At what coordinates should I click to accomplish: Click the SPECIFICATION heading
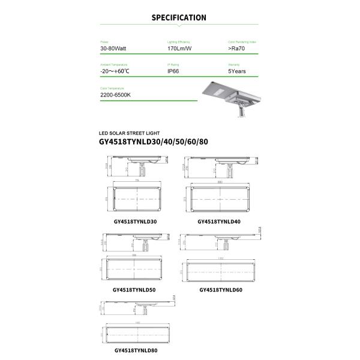click(x=179, y=18)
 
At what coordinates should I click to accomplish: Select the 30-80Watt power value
click(x=113, y=48)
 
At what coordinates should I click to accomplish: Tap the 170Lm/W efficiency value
click(x=179, y=48)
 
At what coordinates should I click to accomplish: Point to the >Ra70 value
click(x=238, y=48)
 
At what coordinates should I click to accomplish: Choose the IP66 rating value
click(x=174, y=71)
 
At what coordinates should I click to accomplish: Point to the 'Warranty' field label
click(x=233, y=64)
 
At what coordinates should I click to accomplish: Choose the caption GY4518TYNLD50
click(x=134, y=289)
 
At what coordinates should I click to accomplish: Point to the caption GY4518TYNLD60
click(x=221, y=289)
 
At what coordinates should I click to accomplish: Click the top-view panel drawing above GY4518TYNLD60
click(x=221, y=271)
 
